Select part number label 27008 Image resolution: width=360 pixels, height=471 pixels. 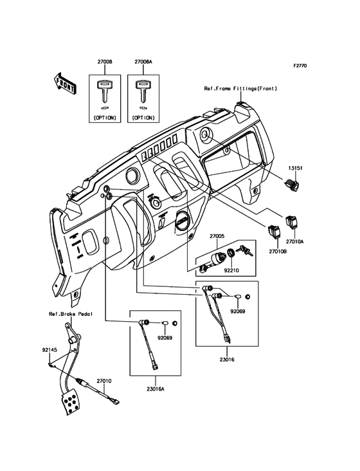point(105,62)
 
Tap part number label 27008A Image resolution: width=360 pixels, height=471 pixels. point(144,62)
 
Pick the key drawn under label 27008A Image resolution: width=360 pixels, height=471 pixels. point(143,91)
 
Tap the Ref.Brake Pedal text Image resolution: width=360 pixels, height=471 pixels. point(71,314)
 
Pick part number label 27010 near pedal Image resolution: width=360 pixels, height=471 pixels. point(105,381)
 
